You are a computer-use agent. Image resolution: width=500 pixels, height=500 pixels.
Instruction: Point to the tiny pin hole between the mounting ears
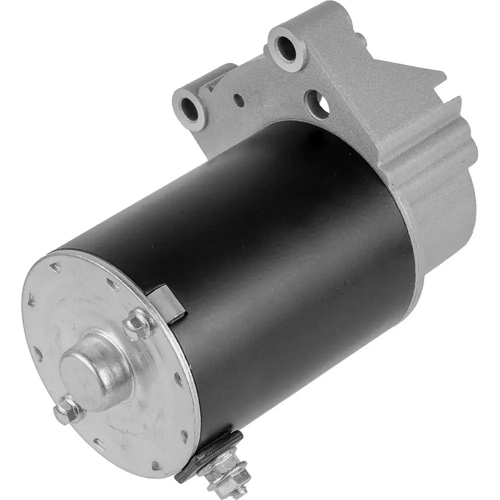(x=239, y=99)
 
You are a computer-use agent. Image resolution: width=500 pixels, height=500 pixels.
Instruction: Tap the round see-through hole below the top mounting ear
(x=317, y=103)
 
